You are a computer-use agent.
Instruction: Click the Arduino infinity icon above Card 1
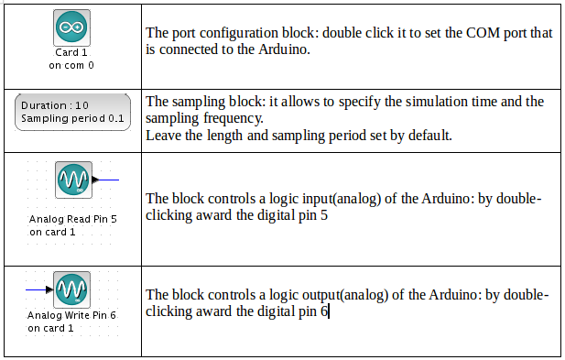pyautogui.click(x=71, y=27)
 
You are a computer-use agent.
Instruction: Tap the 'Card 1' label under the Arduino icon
pyautogui.click(x=71, y=52)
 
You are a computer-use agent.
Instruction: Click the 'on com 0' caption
pyautogui.click(x=71, y=65)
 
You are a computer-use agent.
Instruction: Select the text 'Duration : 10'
pyautogui.click(x=55, y=105)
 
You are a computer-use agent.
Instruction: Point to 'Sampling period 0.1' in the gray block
pyautogui.click(x=72, y=118)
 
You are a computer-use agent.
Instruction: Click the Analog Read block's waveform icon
pyautogui.click(x=73, y=180)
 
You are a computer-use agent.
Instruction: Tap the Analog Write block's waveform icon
pyautogui.click(x=71, y=289)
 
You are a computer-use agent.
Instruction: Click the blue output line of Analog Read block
pyautogui.click(x=108, y=180)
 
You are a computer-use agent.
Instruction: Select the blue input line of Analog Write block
pyautogui.click(x=36, y=289)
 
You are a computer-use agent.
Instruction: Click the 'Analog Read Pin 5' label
pyautogui.click(x=73, y=219)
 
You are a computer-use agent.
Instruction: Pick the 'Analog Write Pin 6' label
pyautogui.click(x=71, y=315)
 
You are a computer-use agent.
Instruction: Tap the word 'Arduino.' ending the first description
pyautogui.click(x=284, y=49)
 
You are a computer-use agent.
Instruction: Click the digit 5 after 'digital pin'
pyautogui.click(x=324, y=215)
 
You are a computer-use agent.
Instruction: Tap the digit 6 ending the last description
pyautogui.click(x=324, y=311)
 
